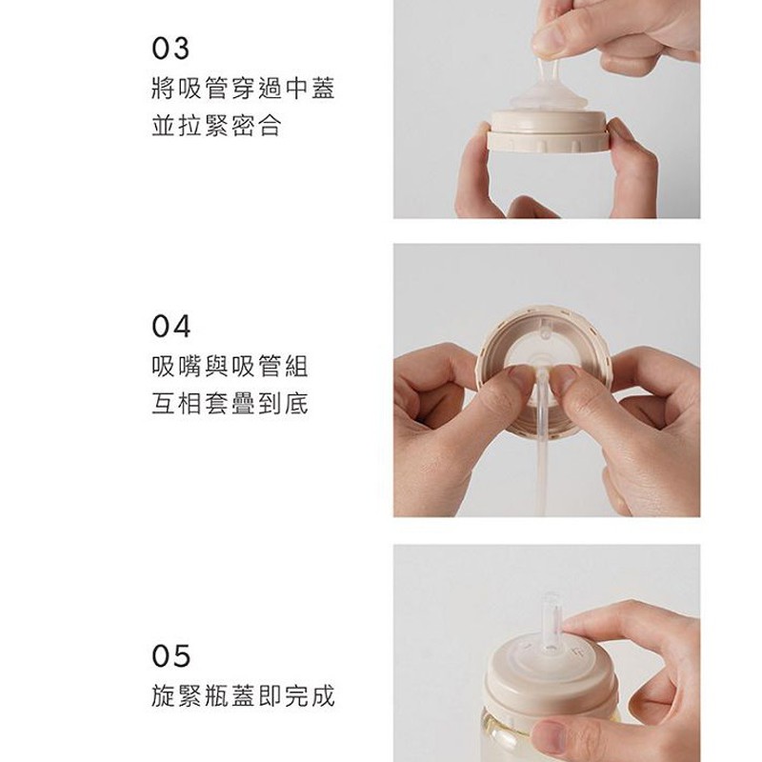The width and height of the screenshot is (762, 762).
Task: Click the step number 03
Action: [x=170, y=49]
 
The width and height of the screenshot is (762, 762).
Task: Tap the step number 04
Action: [x=171, y=326]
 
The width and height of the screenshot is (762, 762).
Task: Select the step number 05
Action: [x=170, y=656]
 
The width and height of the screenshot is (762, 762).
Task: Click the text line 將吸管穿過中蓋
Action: [x=243, y=89]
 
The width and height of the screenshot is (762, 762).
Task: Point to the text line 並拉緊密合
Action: [x=216, y=126]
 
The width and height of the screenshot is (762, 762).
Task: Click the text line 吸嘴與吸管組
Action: [x=230, y=367]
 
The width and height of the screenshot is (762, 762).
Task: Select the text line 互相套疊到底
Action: [x=230, y=404]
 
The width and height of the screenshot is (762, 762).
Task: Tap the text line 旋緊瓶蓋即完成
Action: [x=243, y=696]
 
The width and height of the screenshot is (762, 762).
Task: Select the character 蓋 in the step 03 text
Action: [x=323, y=89]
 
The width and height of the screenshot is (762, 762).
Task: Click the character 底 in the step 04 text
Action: [x=296, y=404]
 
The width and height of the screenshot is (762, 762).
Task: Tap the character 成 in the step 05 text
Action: [x=323, y=696]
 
